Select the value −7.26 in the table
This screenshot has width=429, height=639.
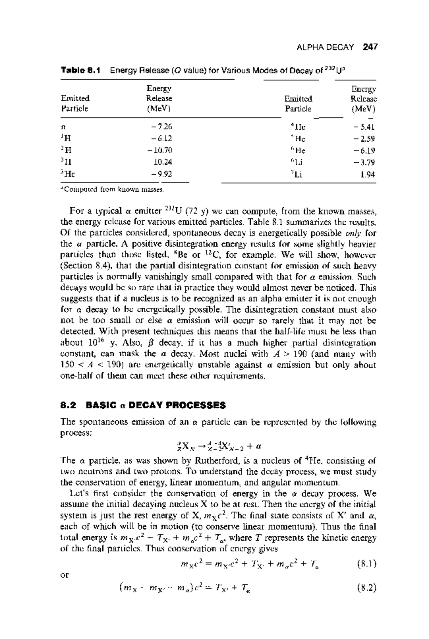(x=163, y=126)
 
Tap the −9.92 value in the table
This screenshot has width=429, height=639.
(x=162, y=174)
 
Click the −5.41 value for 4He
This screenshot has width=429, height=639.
(x=365, y=126)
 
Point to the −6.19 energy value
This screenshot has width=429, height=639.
(x=365, y=150)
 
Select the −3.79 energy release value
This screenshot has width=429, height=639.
(x=365, y=162)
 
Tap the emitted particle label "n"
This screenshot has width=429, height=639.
(x=63, y=127)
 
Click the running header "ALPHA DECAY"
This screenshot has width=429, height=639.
(x=325, y=47)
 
